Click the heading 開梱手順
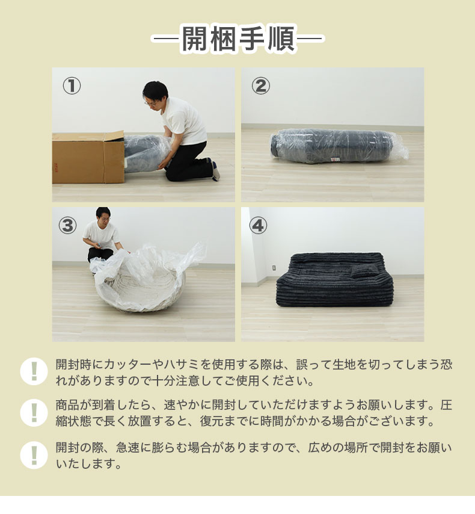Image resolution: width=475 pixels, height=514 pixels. (238, 39)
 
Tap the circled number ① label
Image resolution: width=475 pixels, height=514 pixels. (72, 86)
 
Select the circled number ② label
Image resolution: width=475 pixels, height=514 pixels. (261, 86)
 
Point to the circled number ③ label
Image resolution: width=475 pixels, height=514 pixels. (67, 226)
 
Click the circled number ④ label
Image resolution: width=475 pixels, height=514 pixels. (258, 226)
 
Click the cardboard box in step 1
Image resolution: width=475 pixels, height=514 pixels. (88, 157)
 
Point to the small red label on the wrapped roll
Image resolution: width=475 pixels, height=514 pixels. (336, 159)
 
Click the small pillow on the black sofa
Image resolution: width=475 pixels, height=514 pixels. (364, 271)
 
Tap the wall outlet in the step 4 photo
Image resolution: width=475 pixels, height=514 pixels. (274, 267)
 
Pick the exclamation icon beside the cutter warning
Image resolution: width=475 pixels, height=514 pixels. (34, 371)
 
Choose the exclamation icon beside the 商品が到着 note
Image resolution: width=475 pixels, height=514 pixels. (34, 413)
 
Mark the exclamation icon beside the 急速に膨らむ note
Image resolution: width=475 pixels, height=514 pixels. (34, 455)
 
